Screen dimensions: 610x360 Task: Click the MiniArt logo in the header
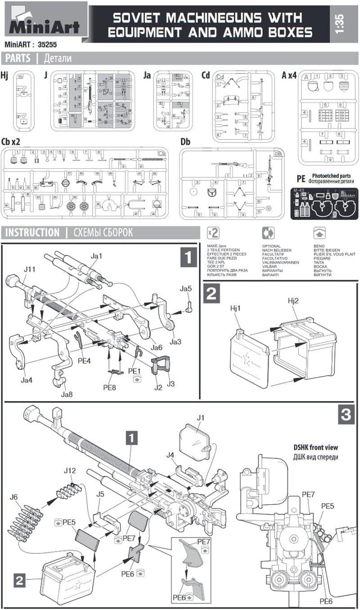click(44, 20)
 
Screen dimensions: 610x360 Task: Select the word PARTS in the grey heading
click(18, 58)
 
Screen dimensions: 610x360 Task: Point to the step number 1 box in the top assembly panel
click(188, 258)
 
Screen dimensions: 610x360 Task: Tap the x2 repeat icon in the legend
click(213, 233)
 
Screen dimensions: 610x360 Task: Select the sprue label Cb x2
click(11, 141)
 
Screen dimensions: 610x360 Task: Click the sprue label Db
click(185, 142)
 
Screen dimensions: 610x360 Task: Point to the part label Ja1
click(97, 256)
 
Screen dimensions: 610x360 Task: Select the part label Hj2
click(294, 301)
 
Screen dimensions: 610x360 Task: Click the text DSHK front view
click(315, 448)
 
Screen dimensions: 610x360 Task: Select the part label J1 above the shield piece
click(200, 418)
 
